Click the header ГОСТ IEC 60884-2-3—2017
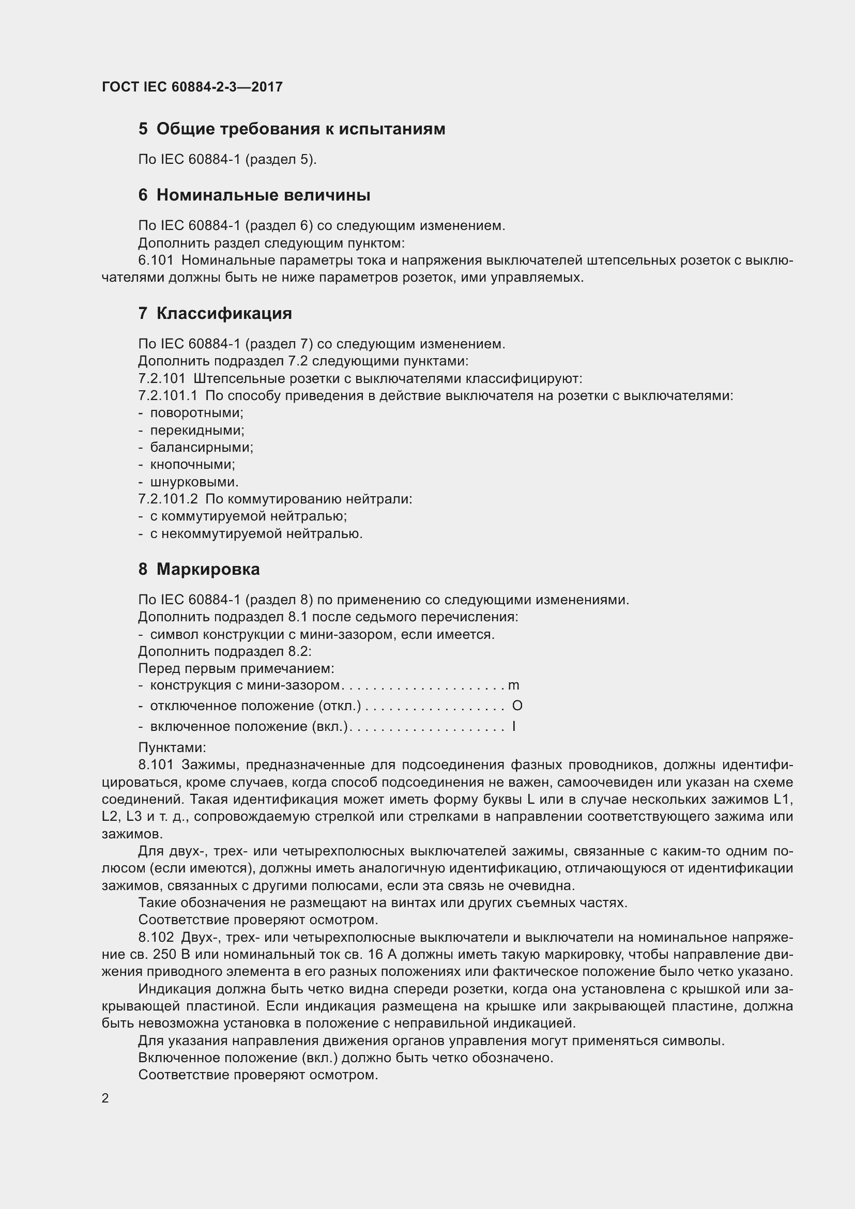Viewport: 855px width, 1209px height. (x=192, y=87)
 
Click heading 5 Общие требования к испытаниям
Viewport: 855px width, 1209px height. (x=292, y=129)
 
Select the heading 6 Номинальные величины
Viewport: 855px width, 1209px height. (x=254, y=195)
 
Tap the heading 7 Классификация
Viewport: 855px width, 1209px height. (x=215, y=313)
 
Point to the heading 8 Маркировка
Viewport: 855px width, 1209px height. (x=199, y=569)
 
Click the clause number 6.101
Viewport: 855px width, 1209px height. (x=156, y=261)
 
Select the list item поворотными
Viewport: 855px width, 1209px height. (x=196, y=413)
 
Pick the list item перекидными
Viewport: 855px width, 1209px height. (x=197, y=430)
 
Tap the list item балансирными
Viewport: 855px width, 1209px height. (x=202, y=448)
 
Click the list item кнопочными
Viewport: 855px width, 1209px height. (x=192, y=465)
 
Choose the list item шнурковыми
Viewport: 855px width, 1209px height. (x=194, y=482)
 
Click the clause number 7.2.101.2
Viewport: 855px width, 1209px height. (x=168, y=499)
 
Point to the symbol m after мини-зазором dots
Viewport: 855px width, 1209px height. (x=513, y=685)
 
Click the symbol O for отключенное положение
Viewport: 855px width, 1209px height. (x=517, y=706)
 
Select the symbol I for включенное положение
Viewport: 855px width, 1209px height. (x=514, y=727)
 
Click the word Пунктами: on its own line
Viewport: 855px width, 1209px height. (x=172, y=748)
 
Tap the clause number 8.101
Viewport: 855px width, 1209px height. (x=156, y=765)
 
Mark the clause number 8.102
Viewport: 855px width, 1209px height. (x=156, y=937)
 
